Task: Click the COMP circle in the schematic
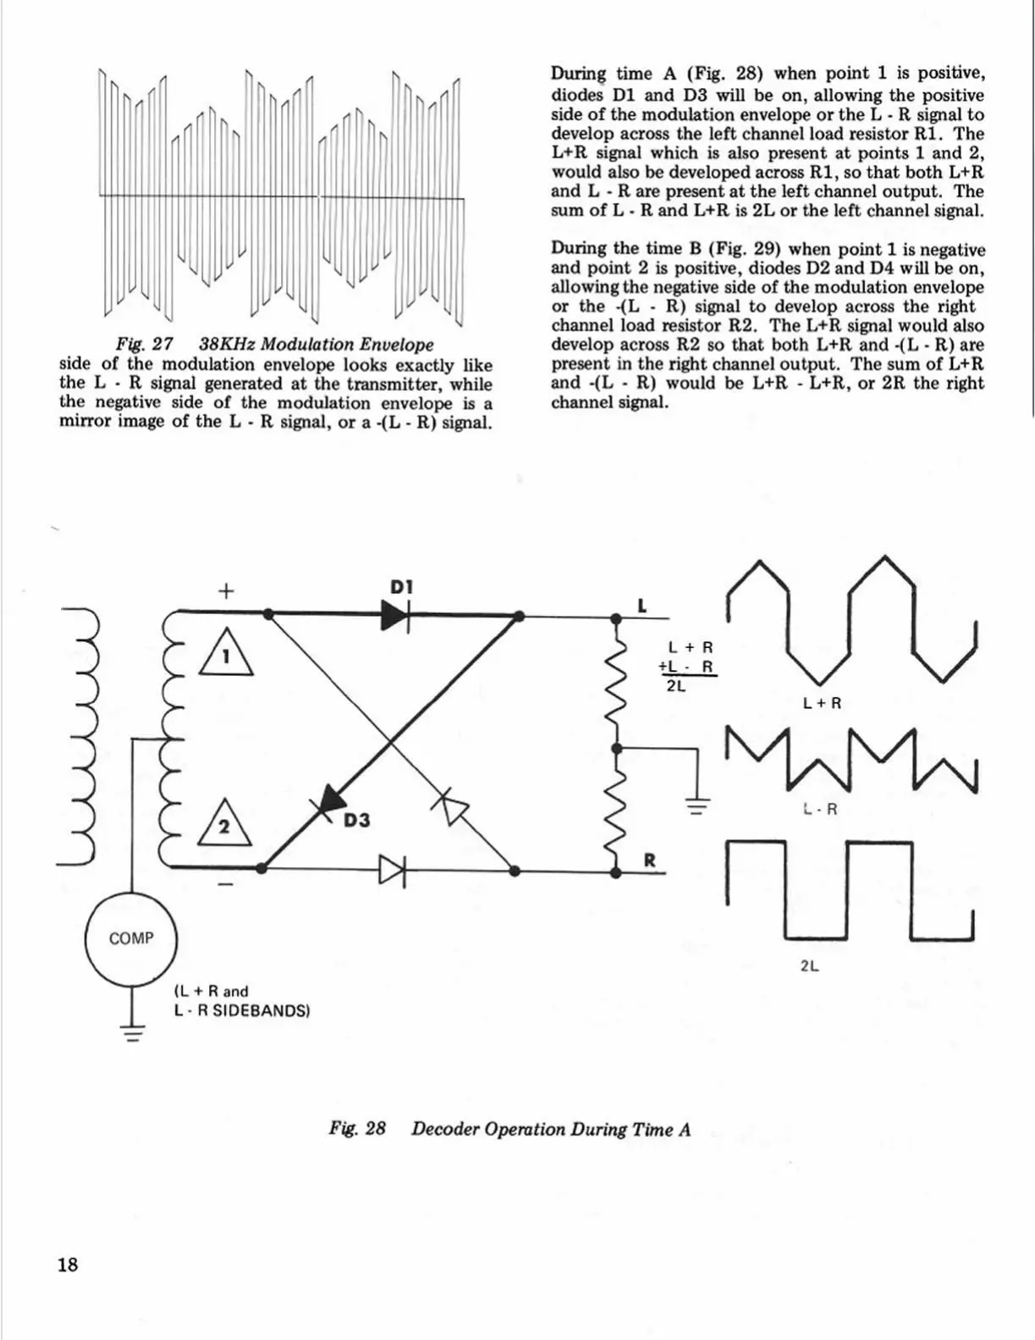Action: click(x=131, y=938)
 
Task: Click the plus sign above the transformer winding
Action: click(x=225, y=590)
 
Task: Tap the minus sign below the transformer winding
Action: click(x=225, y=885)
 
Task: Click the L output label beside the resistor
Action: click(x=641, y=606)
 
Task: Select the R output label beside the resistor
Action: click(x=650, y=861)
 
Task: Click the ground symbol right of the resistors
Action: click(x=696, y=805)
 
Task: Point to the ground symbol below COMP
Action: click(x=132, y=1033)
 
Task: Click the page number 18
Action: click(x=67, y=1264)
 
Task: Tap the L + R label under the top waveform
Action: click(x=822, y=703)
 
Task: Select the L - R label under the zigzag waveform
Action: click(x=821, y=810)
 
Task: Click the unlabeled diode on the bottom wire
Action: click(x=393, y=869)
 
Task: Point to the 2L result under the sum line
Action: click(x=675, y=686)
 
